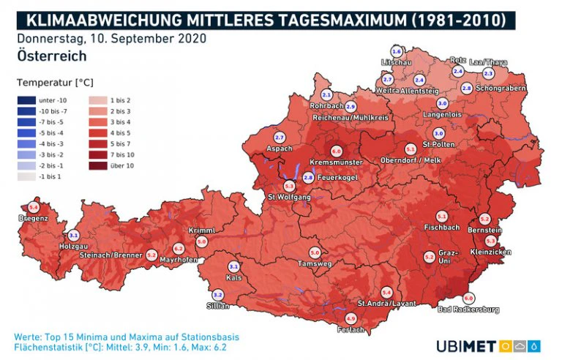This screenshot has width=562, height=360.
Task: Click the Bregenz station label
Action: [x=34, y=219]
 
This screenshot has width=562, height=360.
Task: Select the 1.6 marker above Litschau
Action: [x=397, y=52]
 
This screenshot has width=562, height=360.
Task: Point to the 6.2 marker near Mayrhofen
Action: [x=179, y=250]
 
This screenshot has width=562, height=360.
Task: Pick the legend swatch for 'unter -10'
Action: [x=26, y=100]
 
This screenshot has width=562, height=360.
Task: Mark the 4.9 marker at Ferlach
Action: [x=351, y=318]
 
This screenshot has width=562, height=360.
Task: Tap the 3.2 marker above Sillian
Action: [x=217, y=296]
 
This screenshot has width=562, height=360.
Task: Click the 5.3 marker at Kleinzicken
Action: [x=491, y=241]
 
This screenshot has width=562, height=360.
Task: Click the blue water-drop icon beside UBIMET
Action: [x=536, y=345]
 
